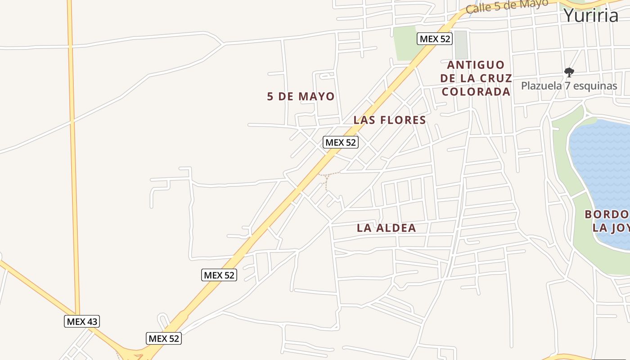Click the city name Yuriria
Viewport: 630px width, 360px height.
tap(591, 15)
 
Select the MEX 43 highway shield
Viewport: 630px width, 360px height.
tap(81, 321)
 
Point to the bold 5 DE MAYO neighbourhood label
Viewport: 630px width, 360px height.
tap(301, 96)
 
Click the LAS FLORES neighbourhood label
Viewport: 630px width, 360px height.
tap(389, 120)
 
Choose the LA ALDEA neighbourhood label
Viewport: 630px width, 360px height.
tap(386, 228)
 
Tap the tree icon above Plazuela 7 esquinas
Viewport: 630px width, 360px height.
tap(569, 72)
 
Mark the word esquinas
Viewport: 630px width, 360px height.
tap(594, 85)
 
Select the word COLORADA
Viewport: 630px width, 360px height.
tap(476, 92)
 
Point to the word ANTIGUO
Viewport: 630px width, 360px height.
tap(476, 65)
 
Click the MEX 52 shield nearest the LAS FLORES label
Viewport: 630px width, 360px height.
tap(340, 142)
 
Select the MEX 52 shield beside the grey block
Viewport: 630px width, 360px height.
tap(434, 39)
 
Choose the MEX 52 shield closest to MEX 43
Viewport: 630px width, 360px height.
tap(164, 338)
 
